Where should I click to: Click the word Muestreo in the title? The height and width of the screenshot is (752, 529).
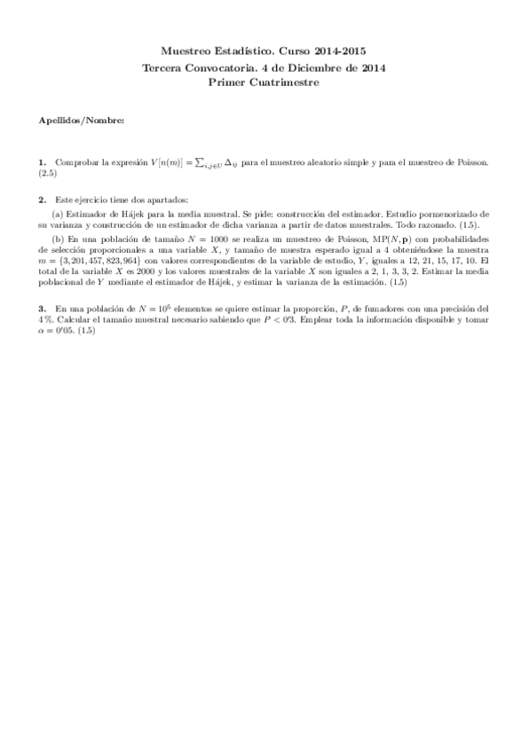[x=189, y=53]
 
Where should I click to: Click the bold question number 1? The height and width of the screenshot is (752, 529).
[x=42, y=162]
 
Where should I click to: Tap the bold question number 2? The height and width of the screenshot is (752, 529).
[x=42, y=199]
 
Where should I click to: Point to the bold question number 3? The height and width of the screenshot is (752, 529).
[x=42, y=308]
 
